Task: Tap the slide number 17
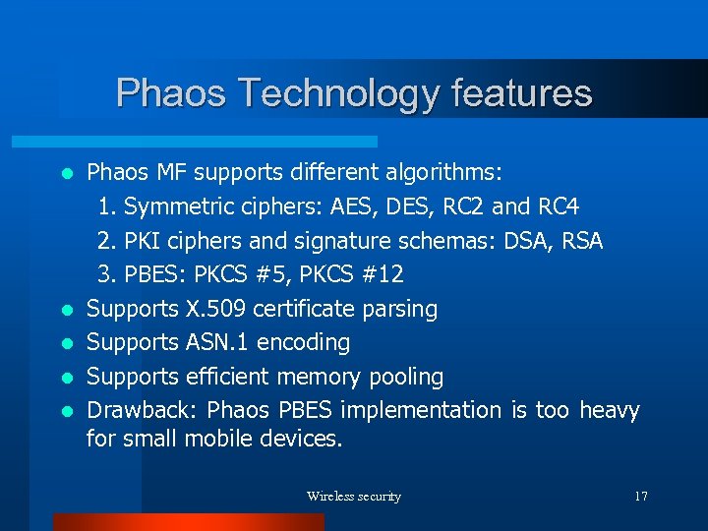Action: click(x=640, y=497)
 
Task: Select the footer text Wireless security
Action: click(x=354, y=497)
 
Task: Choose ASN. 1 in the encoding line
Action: click(x=218, y=342)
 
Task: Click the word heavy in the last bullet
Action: click(x=610, y=410)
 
